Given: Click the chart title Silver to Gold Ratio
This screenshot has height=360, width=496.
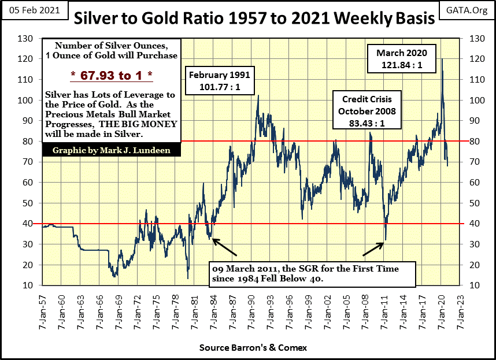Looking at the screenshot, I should click(x=253, y=19).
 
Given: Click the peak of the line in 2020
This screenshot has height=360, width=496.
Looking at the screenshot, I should click(x=442, y=59).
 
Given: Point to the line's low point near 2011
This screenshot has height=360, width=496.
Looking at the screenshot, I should click(x=385, y=240).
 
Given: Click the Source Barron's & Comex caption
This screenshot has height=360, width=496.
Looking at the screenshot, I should click(x=253, y=348).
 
